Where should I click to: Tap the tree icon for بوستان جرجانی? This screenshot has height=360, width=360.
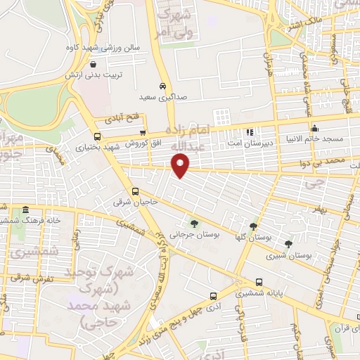[194, 224]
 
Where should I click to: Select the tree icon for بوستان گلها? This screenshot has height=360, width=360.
[252, 226]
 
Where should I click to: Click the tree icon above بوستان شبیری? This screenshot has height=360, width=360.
[288, 244]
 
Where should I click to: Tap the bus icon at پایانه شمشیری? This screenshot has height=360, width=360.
[212, 296]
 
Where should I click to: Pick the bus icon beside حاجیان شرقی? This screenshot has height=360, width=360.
[135, 191]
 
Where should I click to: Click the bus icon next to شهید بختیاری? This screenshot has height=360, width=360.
[97, 136]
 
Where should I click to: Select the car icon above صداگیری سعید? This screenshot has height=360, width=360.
[162, 86]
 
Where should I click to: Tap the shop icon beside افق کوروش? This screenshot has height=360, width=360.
[143, 131]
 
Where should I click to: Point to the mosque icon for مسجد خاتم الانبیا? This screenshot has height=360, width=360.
[314, 128]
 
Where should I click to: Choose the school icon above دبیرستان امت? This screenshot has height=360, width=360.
[249, 131]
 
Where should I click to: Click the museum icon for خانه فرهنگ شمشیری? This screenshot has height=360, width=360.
[25, 210]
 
